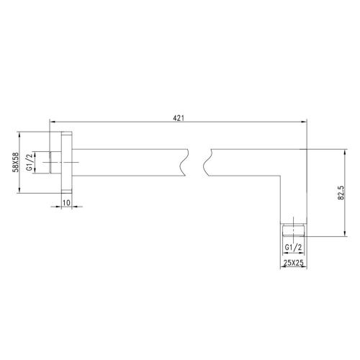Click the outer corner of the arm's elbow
(x=306, y=148)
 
